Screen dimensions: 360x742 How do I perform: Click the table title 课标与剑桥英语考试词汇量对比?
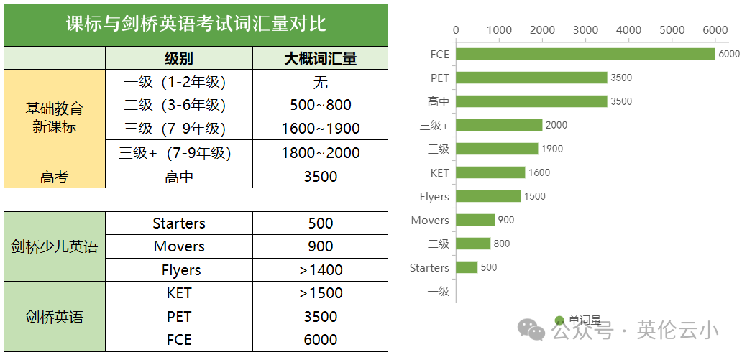196,24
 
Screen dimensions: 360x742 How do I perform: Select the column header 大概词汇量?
320,58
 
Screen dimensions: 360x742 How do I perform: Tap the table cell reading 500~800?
320,105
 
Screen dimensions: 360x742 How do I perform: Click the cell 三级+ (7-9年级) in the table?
178,153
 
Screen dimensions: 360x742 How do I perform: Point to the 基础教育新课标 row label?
55,118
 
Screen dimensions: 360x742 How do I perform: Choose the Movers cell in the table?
179,246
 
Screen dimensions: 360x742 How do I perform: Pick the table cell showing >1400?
320,270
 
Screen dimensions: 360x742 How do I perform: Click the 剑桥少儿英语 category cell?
55,247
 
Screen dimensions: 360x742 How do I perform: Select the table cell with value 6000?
320,340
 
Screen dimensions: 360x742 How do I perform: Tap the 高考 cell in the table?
55,177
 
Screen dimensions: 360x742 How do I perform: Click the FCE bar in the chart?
585,54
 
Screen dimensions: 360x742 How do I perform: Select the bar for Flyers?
488,196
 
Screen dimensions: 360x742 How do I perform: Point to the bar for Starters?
467,267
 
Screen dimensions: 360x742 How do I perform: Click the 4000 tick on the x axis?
629,30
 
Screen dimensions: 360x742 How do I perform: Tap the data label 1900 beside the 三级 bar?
552,149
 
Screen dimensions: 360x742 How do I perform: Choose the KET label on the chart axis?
439,172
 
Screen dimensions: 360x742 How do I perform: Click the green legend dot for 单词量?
559,320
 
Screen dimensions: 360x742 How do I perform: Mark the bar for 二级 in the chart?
473,244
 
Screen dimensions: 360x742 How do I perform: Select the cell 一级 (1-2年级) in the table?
178,82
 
